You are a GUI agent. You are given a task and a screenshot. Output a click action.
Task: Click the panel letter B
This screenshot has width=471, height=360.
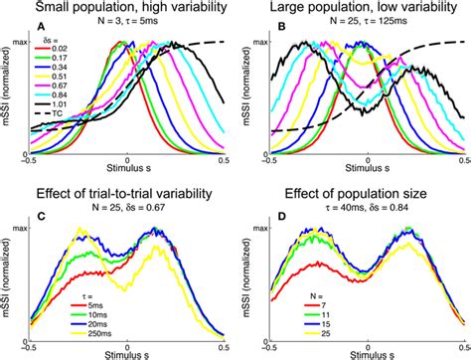tap(280, 29)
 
